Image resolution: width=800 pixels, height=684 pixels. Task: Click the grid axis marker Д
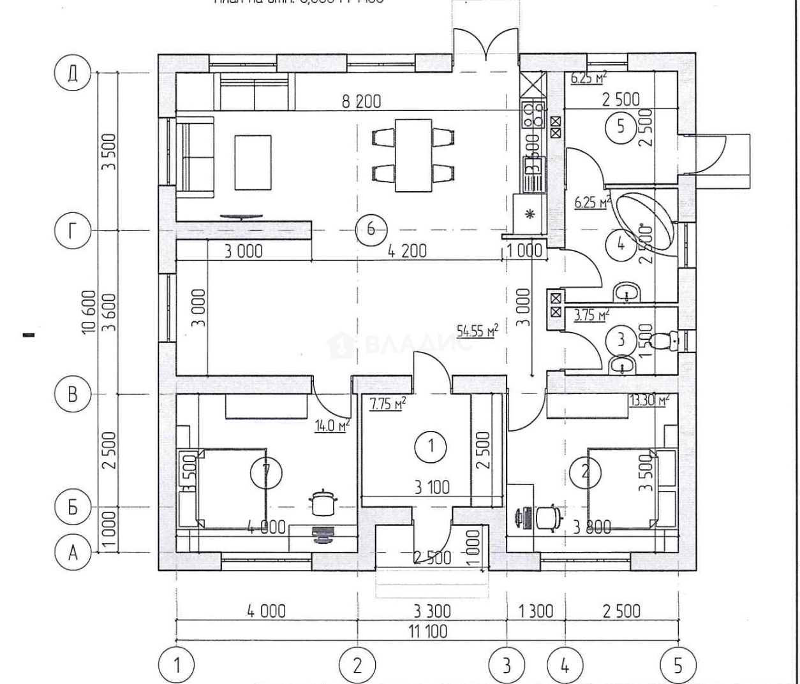click(73, 73)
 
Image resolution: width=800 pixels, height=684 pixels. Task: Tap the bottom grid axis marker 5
click(678, 666)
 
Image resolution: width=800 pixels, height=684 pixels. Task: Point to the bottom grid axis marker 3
click(507, 666)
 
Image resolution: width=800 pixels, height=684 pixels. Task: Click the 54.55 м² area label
click(477, 331)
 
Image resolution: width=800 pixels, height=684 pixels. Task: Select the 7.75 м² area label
click(388, 404)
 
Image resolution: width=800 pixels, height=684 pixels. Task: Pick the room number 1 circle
click(431, 446)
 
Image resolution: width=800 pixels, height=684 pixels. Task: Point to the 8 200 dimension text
click(361, 101)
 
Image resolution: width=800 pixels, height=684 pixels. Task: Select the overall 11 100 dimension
click(427, 631)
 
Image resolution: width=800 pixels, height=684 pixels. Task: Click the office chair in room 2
click(549, 516)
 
